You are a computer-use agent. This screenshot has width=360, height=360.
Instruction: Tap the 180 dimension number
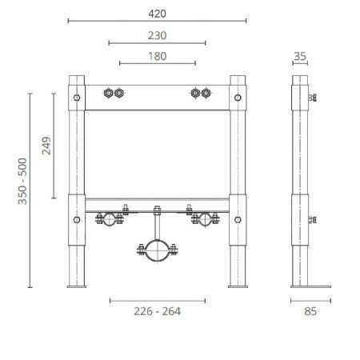click(x=157, y=55)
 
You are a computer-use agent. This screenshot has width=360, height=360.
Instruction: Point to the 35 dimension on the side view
click(x=301, y=55)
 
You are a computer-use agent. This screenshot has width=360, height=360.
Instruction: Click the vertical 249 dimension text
click(x=46, y=146)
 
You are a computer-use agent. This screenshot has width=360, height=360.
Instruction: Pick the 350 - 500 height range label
click(x=23, y=190)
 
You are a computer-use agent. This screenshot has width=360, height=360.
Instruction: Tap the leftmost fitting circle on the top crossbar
click(x=109, y=94)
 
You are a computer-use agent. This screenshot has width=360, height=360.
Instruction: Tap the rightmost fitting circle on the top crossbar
click(x=206, y=94)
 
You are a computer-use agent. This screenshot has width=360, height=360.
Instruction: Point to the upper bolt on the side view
click(x=314, y=98)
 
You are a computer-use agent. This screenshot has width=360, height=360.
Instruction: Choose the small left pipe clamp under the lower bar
click(x=104, y=218)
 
